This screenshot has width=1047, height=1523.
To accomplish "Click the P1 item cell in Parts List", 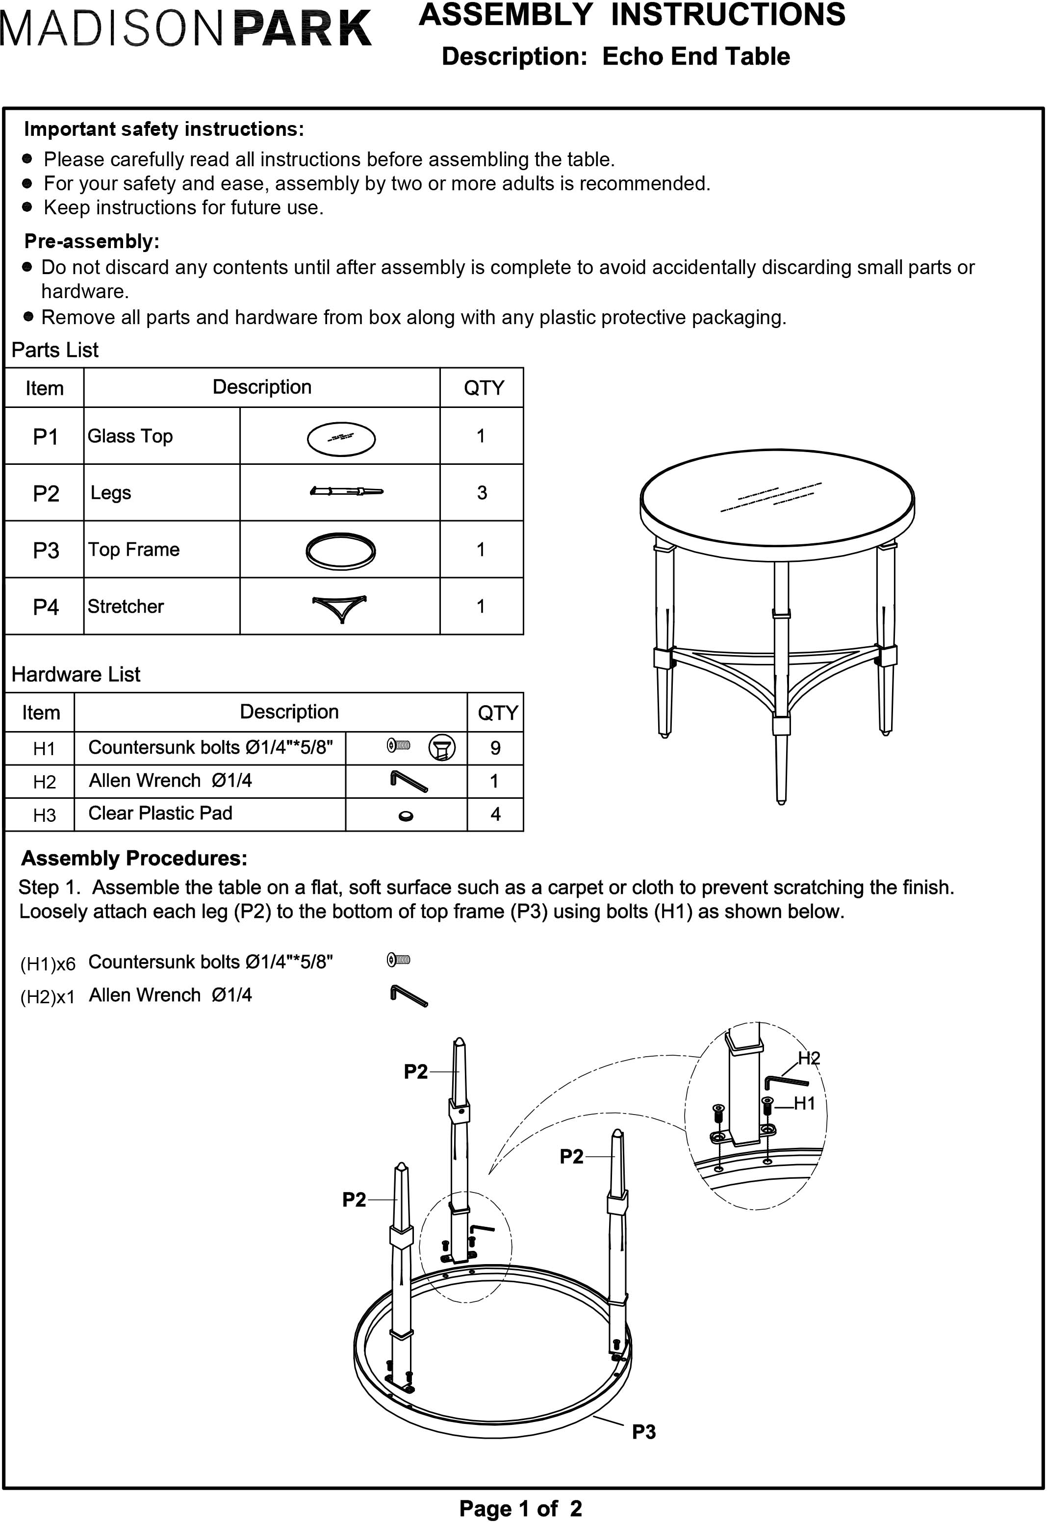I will pos(45,436).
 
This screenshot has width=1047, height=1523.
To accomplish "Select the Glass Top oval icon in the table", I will pos(341,439).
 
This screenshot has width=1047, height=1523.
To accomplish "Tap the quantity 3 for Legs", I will pos(482,493).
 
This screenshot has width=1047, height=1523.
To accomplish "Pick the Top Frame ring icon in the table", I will pos(340,550).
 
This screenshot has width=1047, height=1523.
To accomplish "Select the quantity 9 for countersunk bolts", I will pos(495,748).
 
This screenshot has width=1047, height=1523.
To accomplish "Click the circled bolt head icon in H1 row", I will pos(441,748).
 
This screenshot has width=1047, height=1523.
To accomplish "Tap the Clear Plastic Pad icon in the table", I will pos(406,816).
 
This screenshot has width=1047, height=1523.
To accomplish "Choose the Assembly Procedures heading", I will pos(134,858).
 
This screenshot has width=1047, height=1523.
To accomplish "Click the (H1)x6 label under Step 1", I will pos(48,964).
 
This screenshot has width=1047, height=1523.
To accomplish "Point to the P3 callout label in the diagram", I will pos(643,1432).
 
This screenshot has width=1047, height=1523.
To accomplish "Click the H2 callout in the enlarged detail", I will pos(809,1058).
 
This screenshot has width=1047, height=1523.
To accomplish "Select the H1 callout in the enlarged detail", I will pos(804,1103).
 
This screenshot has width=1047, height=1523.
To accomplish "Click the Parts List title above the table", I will pos(55,350).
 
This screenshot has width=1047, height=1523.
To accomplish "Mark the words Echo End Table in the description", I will pos(695,57).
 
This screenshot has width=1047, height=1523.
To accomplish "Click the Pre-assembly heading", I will pos(92,241).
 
